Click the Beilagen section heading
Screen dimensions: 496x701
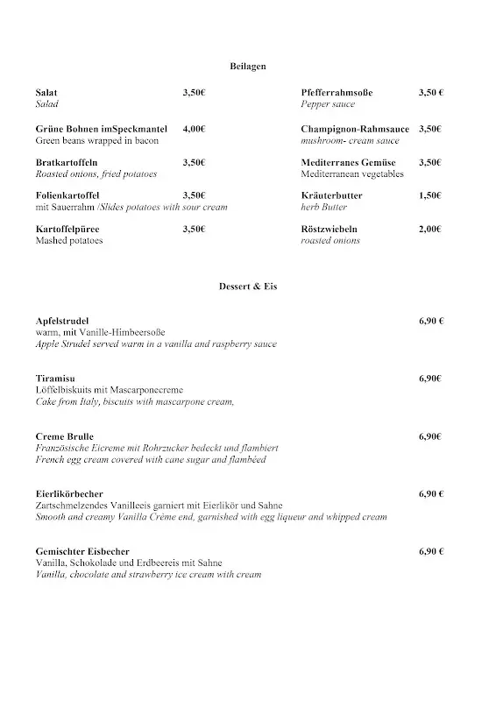[x=248, y=66]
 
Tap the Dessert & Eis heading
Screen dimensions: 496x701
[x=248, y=286]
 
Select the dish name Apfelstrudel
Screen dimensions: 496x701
[x=62, y=321]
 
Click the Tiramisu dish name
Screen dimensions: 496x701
[x=54, y=379]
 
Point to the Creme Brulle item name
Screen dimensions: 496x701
[x=64, y=436]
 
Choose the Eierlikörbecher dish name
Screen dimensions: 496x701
[x=69, y=494]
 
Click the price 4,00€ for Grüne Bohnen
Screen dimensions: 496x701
[x=194, y=129]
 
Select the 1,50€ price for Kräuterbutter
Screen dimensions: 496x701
[x=429, y=195]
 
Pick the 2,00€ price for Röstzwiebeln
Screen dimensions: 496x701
[x=429, y=229]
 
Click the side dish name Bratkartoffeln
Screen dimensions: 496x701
[x=67, y=162]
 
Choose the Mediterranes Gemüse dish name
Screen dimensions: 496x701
[x=348, y=162]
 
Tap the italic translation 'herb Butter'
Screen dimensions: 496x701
[x=323, y=207]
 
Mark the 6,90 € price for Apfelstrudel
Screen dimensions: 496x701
[x=431, y=321]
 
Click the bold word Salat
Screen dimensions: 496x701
[x=46, y=92]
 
